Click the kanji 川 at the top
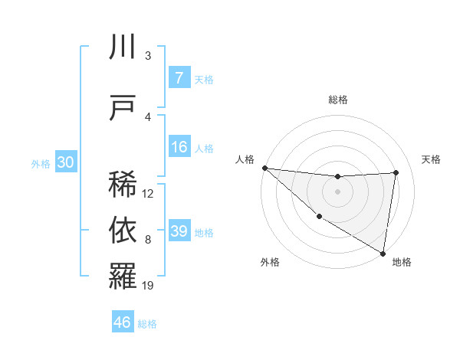point(123,47)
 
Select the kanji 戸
point(123,106)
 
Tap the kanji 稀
point(123,184)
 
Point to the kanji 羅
point(123,277)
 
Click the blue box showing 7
point(179,78)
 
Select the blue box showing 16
point(179,147)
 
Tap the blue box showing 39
point(179,231)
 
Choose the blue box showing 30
point(64,163)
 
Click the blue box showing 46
point(123,322)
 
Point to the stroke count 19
point(148,286)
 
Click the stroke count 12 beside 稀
point(148,193)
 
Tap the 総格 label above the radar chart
point(337,100)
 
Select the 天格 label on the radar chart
point(431,159)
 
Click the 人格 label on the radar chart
point(244,159)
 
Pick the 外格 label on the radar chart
point(270,262)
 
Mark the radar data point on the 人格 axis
point(264,168)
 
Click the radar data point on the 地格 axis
point(382,253)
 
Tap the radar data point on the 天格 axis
point(396,172)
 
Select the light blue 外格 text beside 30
point(41,164)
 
